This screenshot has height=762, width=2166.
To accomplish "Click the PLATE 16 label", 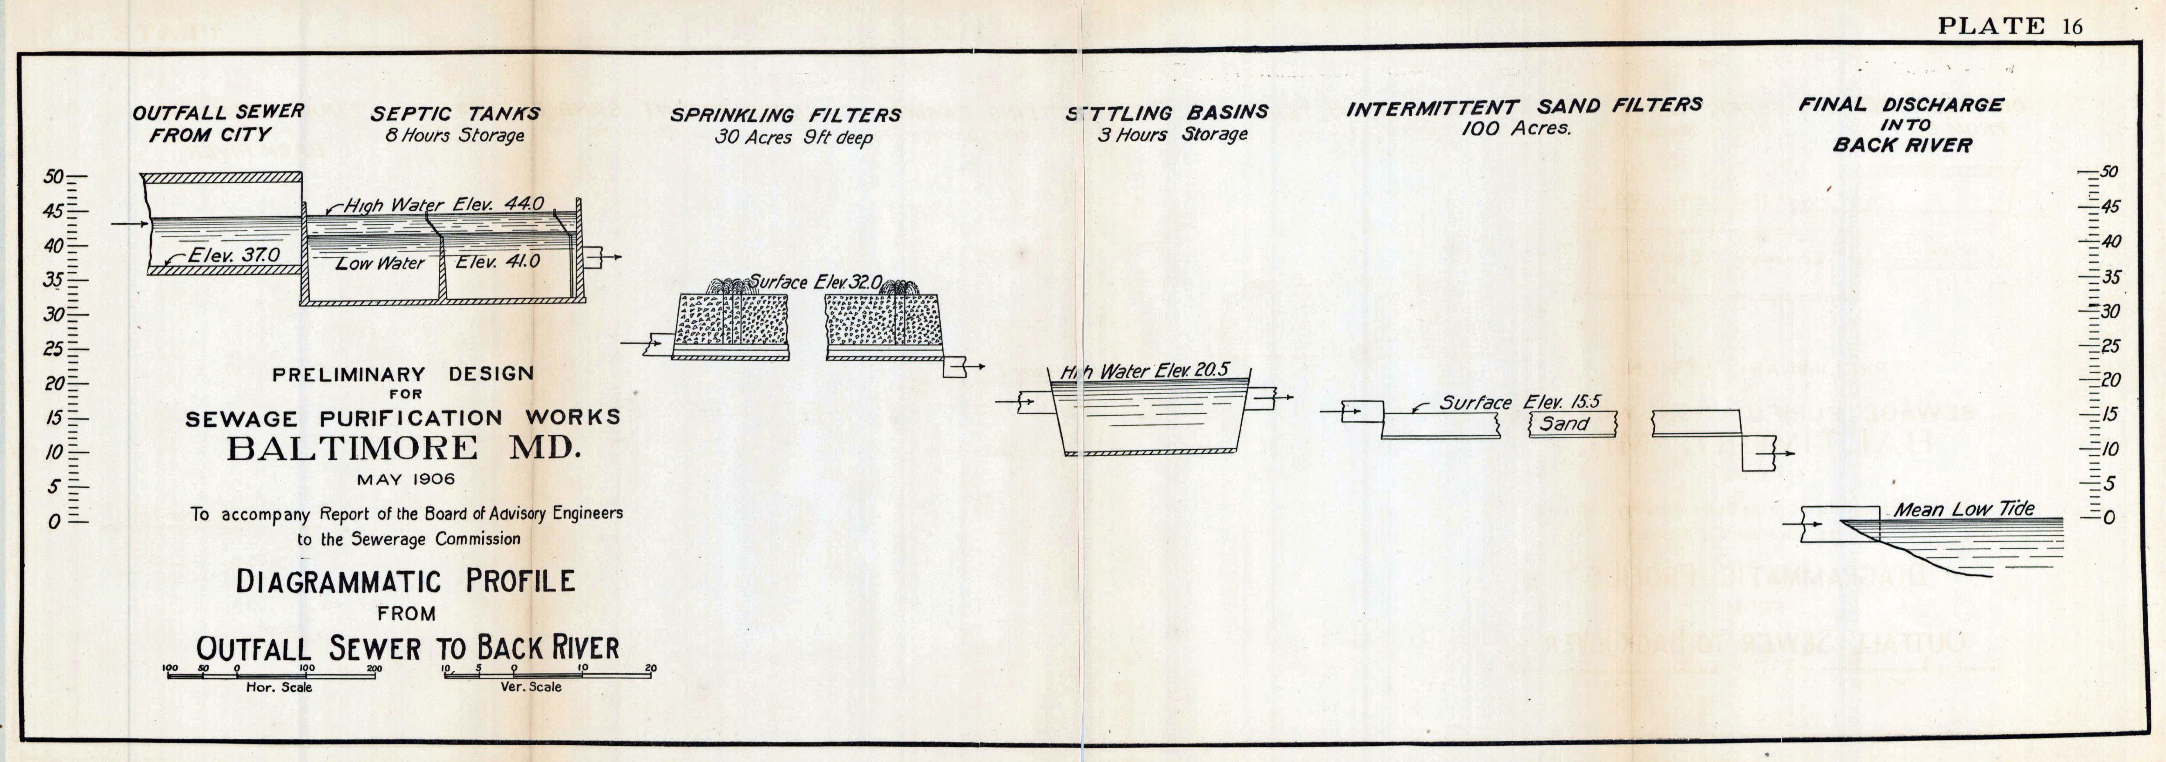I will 2010,26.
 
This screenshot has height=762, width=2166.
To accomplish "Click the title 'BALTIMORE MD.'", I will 404,448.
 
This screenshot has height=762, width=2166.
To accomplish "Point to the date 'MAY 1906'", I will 405,480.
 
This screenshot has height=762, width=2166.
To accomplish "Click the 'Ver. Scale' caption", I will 530,686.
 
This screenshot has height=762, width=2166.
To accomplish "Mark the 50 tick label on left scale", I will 54,177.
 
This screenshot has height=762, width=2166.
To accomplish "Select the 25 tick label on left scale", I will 54,349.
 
